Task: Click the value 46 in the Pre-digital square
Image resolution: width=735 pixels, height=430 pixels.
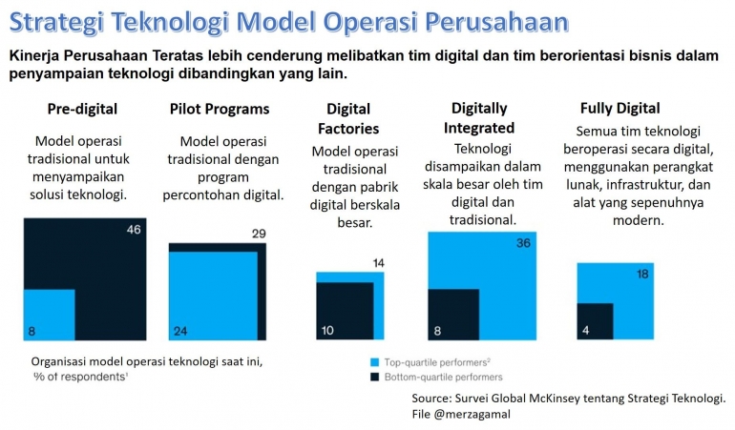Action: [134, 231]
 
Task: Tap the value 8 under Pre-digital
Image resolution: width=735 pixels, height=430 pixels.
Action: [31, 331]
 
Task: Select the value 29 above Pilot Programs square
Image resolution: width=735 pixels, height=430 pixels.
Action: [258, 234]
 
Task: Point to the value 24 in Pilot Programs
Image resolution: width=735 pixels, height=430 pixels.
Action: [180, 331]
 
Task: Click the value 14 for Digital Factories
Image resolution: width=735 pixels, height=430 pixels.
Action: [377, 263]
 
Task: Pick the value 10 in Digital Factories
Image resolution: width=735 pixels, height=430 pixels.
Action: [327, 331]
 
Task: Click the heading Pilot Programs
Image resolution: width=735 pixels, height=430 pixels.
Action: [219, 109]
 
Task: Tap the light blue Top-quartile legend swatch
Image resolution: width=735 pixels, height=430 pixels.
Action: [373, 362]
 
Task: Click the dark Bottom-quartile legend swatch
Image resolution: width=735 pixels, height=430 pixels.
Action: [373, 378]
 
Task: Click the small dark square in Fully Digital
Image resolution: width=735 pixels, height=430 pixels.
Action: [595, 321]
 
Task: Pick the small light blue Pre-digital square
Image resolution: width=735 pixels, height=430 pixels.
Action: [50, 315]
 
